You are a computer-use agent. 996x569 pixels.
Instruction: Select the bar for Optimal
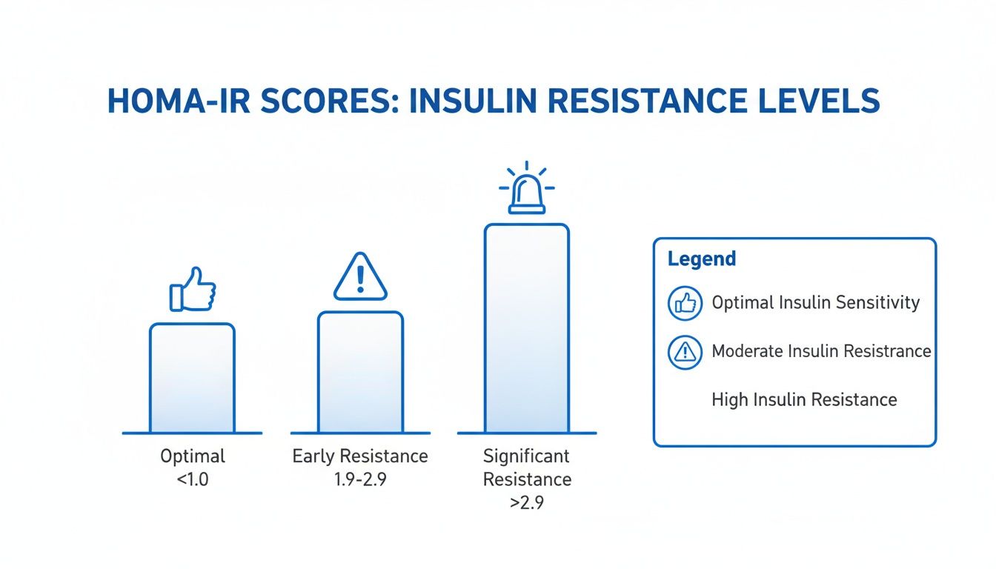click(x=192, y=378)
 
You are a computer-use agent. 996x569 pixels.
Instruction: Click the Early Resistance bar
click(x=360, y=372)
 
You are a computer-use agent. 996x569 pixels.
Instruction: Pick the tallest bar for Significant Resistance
click(x=526, y=328)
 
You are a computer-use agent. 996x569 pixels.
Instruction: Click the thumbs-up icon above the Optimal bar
click(x=192, y=289)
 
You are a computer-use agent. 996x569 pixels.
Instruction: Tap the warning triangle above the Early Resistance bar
click(x=360, y=277)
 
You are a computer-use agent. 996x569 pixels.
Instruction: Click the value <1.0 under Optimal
click(x=192, y=479)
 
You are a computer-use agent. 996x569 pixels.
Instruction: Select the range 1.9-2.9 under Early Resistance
click(x=360, y=479)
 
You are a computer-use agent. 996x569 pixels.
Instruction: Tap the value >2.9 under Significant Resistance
click(x=527, y=503)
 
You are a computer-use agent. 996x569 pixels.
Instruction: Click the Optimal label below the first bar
click(x=192, y=456)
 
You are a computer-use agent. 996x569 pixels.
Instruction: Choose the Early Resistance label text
click(x=360, y=456)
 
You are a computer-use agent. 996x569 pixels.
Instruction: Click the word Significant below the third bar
click(x=527, y=456)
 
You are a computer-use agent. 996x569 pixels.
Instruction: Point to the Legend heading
click(x=701, y=259)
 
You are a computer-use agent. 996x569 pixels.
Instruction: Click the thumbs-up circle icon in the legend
click(x=685, y=303)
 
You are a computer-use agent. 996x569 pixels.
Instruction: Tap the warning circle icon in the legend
click(x=685, y=351)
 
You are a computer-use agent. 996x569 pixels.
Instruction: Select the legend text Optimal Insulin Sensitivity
click(x=815, y=302)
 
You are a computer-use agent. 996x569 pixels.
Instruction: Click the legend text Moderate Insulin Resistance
click(x=821, y=351)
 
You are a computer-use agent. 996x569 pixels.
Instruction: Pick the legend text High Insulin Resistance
click(x=804, y=399)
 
